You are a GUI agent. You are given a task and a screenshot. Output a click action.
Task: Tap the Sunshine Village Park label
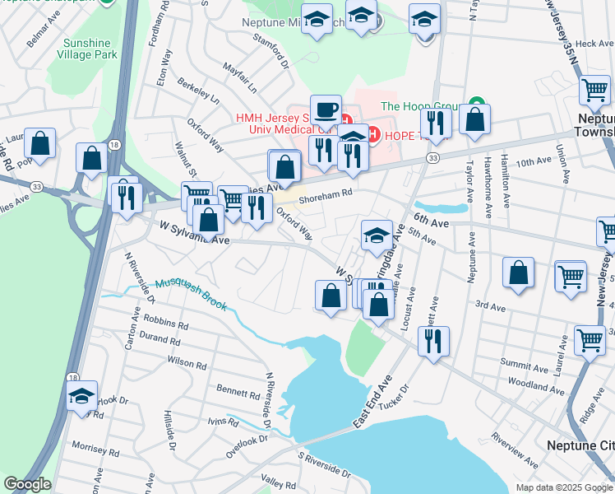click(x=87, y=49)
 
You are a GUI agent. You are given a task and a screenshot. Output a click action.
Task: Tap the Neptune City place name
click(x=580, y=445)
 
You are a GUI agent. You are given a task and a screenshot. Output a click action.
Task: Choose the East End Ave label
click(x=374, y=402)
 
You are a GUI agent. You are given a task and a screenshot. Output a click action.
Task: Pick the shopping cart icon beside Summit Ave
click(x=590, y=339)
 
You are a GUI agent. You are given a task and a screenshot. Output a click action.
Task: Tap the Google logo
click(x=26, y=484)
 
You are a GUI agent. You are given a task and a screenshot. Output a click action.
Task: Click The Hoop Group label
click(x=419, y=105)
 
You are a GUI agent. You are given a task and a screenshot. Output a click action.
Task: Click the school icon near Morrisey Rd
click(x=81, y=397)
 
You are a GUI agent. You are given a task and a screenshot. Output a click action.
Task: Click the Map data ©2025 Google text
click(x=563, y=487)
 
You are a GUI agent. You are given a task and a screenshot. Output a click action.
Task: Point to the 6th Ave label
click(x=432, y=221)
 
